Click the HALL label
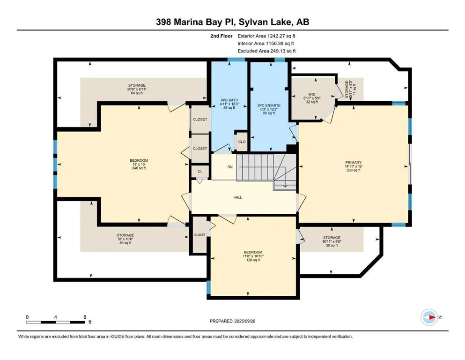[237, 197]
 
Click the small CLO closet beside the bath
[242, 142]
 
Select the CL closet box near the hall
[200, 172]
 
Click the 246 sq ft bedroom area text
[139, 168]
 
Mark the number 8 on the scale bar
[84, 317]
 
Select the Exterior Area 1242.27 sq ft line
[266, 36]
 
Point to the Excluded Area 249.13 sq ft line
[266, 51]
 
